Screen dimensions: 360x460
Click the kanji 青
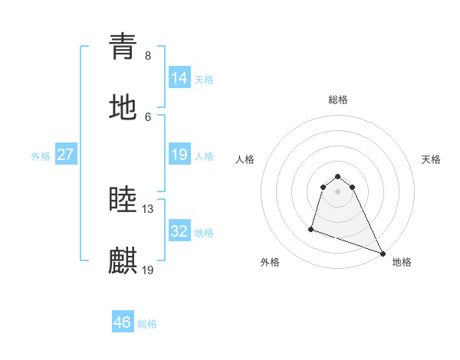123,47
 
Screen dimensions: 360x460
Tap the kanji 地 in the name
123,107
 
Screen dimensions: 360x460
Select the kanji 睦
123,200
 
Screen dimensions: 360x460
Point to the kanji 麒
123,260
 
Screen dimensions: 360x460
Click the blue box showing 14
179,78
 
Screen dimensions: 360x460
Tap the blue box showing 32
179,231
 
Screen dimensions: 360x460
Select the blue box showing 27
66,155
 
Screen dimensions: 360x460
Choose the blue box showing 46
123,322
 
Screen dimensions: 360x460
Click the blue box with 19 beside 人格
179,155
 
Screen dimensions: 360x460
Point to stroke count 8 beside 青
148,56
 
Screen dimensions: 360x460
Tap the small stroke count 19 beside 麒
148,270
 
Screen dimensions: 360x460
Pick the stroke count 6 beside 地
148,116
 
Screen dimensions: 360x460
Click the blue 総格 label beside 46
147,324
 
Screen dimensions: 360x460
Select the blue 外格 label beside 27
41,156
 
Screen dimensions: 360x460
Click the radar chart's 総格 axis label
338,100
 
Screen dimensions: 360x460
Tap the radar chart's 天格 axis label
431,159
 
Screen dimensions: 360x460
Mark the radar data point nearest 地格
382,253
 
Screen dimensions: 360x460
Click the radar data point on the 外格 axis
311,228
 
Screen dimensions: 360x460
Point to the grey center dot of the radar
338,191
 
